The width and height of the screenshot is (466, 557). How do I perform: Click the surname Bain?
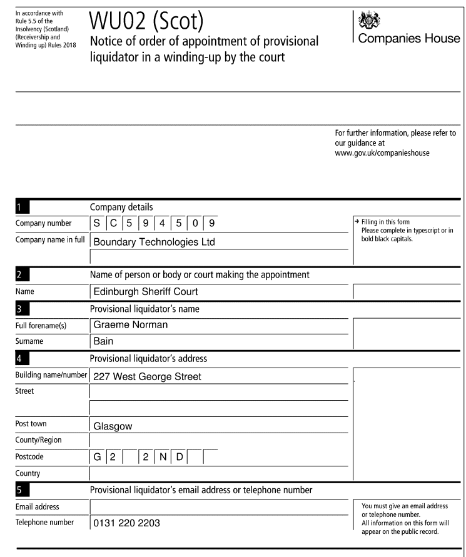point(103,342)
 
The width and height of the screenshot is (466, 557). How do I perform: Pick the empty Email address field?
point(219,505)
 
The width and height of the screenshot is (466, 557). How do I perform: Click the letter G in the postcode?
point(98,457)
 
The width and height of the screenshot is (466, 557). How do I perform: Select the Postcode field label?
point(30,457)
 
